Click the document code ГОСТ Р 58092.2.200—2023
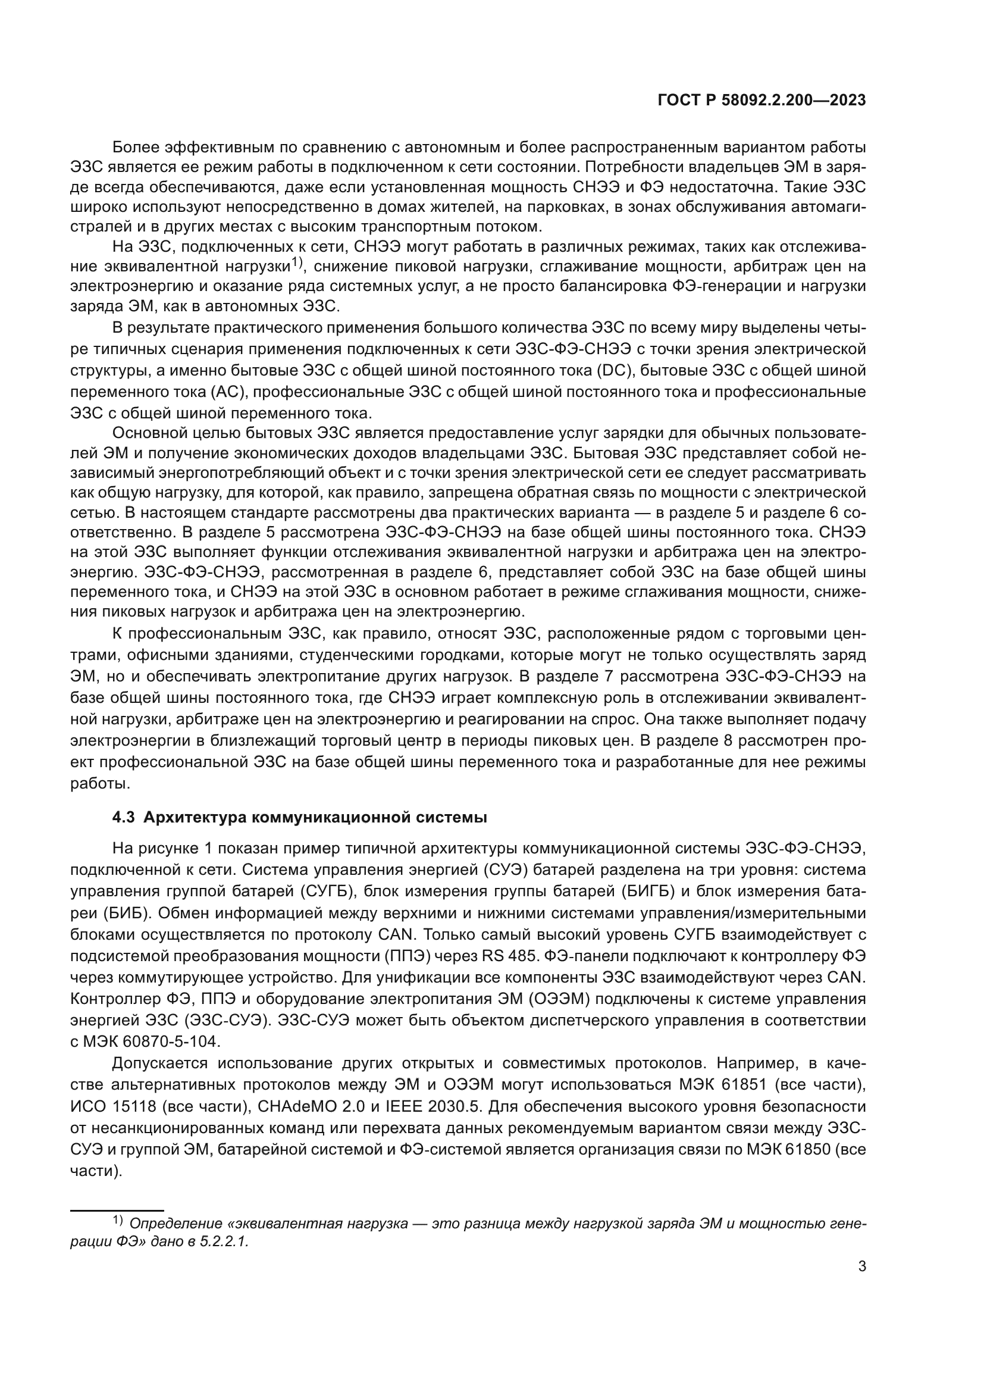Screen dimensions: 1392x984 [x=761, y=101]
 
